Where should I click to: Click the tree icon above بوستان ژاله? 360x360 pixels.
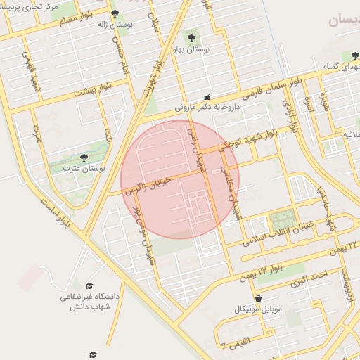pyautogui.click(x=115, y=13)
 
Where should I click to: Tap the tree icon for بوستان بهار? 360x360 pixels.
pyautogui.click(x=191, y=35)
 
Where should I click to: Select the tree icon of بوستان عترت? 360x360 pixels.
pyautogui.click(x=84, y=157)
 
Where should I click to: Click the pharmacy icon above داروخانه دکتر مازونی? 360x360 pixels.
pyautogui.click(x=206, y=96)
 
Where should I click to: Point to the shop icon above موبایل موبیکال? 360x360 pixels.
pyautogui.click(x=259, y=298)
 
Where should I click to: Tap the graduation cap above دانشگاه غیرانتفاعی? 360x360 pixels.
pyautogui.click(x=89, y=285)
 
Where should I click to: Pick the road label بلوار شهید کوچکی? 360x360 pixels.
pyautogui.click(x=246, y=140)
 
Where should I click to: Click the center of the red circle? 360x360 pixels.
pyautogui.click(x=180, y=179)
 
